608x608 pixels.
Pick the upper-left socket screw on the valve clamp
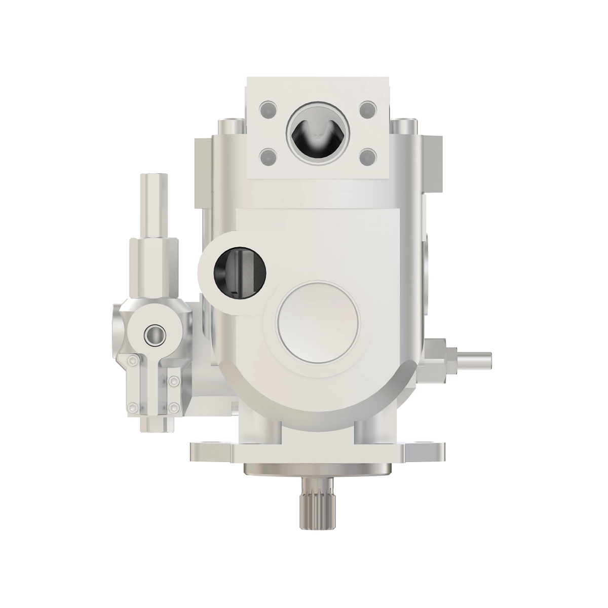(133, 360)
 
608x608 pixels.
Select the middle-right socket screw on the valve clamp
(175, 381)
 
